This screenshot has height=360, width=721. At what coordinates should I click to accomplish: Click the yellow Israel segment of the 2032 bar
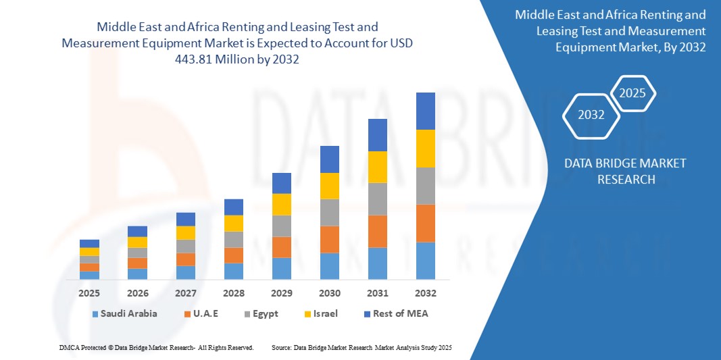click(x=426, y=148)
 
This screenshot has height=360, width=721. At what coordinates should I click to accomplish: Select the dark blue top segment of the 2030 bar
click(x=329, y=159)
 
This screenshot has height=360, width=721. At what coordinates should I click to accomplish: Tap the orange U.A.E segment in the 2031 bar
click(x=378, y=231)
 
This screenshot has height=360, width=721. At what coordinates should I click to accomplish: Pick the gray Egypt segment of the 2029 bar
click(x=281, y=226)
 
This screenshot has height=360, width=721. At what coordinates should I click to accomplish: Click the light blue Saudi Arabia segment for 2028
click(x=233, y=271)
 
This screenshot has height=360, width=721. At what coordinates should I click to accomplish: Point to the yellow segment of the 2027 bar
click(x=185, y=232)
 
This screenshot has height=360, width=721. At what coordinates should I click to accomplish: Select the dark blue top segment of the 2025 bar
click(x=89, y=243)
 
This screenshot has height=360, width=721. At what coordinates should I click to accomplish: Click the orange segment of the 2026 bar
click(x=137, y=263)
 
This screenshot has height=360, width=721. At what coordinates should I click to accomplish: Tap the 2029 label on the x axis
click(x=281, y=293)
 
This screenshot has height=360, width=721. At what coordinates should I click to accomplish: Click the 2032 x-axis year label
click(x=426, y=293)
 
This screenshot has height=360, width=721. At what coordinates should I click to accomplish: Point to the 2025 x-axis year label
click(x=89, y=293)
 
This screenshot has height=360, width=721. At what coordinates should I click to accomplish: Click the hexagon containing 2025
click(x=632, y=93)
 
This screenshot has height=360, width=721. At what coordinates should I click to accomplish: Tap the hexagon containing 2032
click(x=591, y=115)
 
